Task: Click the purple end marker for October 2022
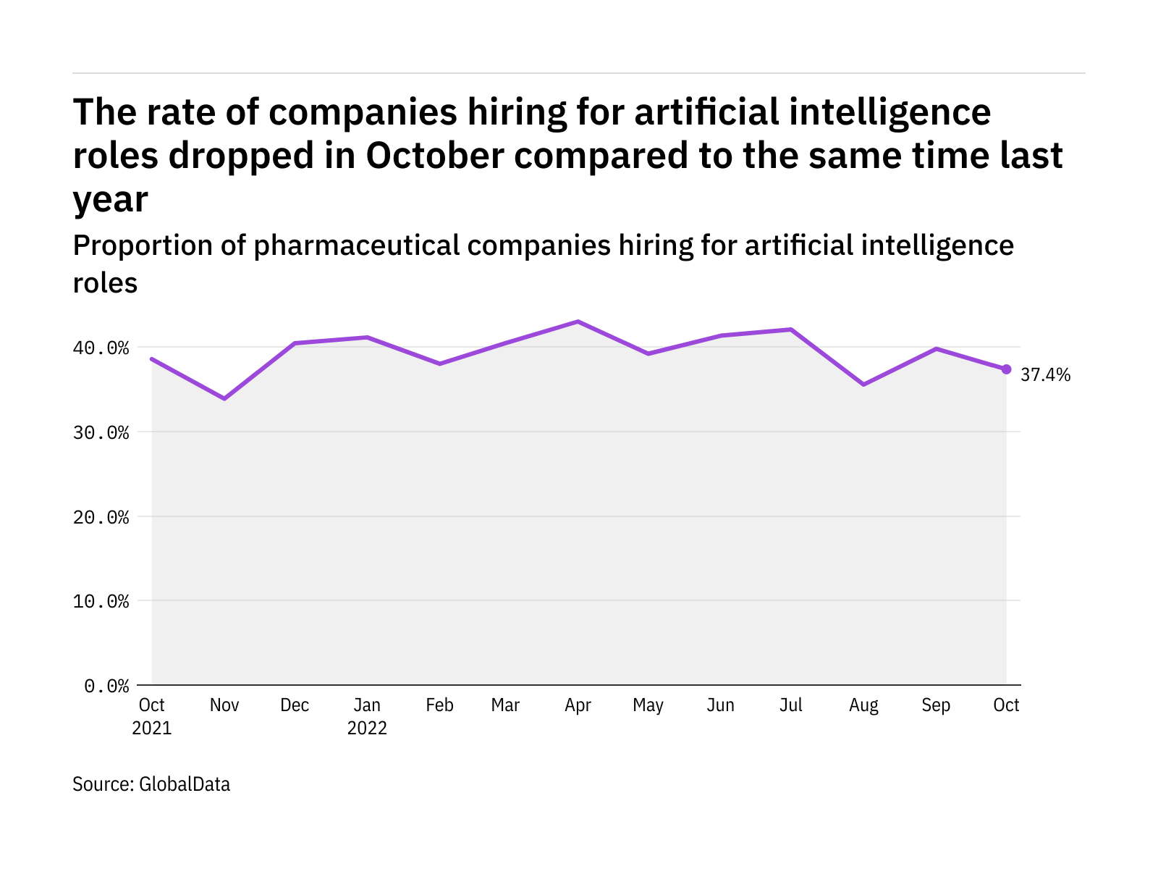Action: click(1006, 369)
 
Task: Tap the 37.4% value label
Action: click(1045, 375)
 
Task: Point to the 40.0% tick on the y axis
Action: click(101, 348)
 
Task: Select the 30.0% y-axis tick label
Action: click(101, 433)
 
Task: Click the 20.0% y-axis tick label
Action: click(101, 518)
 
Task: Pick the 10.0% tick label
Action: click(101, 602)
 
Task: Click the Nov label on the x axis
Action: click(224, 705)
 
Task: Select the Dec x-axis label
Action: click(295, 705)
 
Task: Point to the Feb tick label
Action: click(439, 705)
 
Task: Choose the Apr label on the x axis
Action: click(578, 705)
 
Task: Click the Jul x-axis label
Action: click(791, 705)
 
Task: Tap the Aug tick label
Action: click(863, 705)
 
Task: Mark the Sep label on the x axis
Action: click(936, 705)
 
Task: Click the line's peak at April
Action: click(578, 321)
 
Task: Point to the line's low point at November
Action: click(224, 398)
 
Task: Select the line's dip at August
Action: click(863, 385)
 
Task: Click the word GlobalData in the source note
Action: click(185, 784)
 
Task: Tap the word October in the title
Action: click(434, 156)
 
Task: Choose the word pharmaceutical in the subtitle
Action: click(356, 246)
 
